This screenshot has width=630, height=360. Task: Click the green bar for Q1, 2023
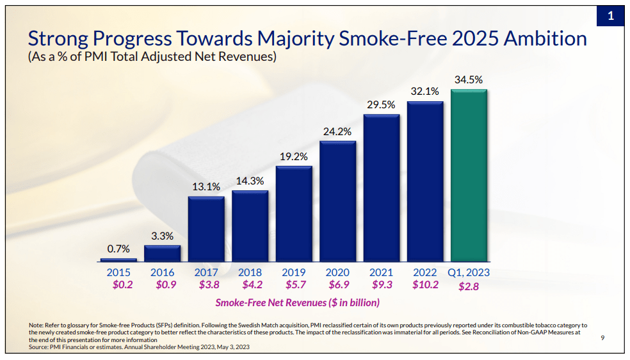(469, 176)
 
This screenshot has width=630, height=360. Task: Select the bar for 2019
(294, 214)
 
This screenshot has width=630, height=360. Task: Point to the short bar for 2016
(163, 254)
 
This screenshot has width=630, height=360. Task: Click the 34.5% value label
(469, 80)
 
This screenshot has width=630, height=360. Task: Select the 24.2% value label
(337, 131)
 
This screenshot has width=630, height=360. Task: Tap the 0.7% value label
(118, 249)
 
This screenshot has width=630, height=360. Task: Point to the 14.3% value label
(250, 181)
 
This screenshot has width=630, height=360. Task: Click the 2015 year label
(118, 272)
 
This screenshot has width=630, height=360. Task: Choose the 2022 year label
(425, 272)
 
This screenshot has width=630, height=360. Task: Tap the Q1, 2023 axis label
(469, 272)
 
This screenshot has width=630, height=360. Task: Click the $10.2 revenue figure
(425, 285)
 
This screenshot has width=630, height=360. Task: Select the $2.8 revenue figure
(469, 286)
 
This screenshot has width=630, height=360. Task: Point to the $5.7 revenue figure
(294, 285)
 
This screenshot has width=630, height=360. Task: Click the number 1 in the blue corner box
(610, 16)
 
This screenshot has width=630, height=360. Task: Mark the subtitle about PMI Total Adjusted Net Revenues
(152, 57)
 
